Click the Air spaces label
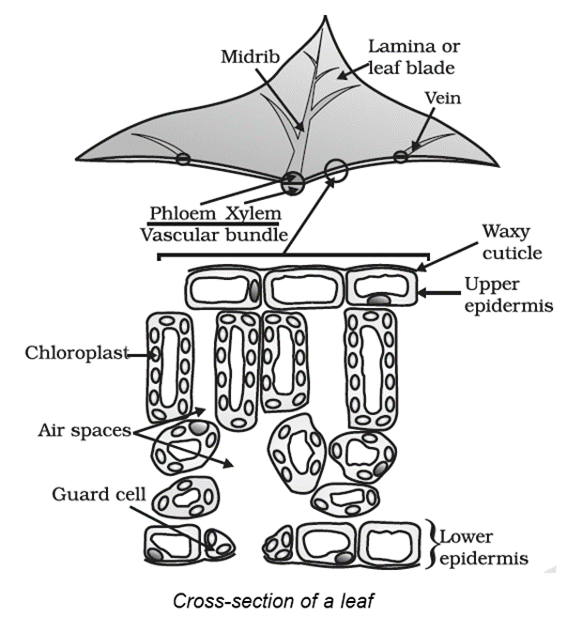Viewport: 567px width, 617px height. (x=84, y=432)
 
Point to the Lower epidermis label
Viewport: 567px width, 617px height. (x=486, y=548)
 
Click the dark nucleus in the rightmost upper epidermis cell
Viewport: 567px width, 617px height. (x=377, y=300)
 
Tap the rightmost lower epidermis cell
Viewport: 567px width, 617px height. (x=391, y=545)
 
